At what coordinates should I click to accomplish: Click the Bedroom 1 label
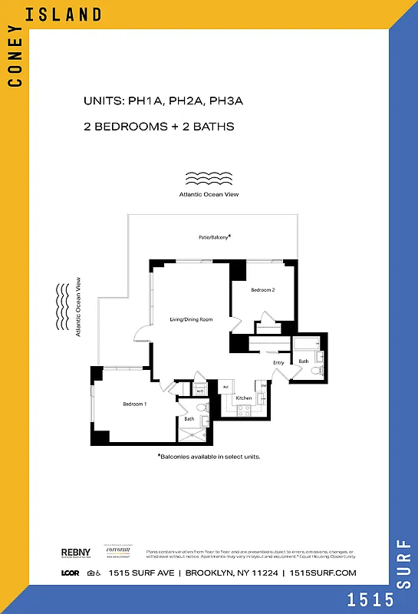pyautogui.click(x=134, y=404)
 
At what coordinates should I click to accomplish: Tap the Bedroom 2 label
pyautogui.click(x=262, y=290)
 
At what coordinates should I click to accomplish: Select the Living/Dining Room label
pyautogui.click(x=191, y=319)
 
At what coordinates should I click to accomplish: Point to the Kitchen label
pyautogui.click(x=244, y=398)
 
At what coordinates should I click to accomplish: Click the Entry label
pyautogui.click(x=278, y=362)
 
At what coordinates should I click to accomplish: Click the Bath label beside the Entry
pyautogui.click(x=304, y=361)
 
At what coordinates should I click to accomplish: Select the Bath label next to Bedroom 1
pyautogui.click(x=189, y=419)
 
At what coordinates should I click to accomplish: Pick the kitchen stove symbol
pyautogui.click(x=245, y=411)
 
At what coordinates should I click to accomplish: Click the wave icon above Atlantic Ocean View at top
pyautogui.click(x=209, y=178)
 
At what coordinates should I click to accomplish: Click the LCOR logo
pyautogui.click(x=71, y=573)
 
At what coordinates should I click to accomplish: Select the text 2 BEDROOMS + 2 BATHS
pyautogui.click(x=159, y=126)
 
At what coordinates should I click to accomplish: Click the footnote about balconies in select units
pyautogui.click(x=209, y=456)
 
